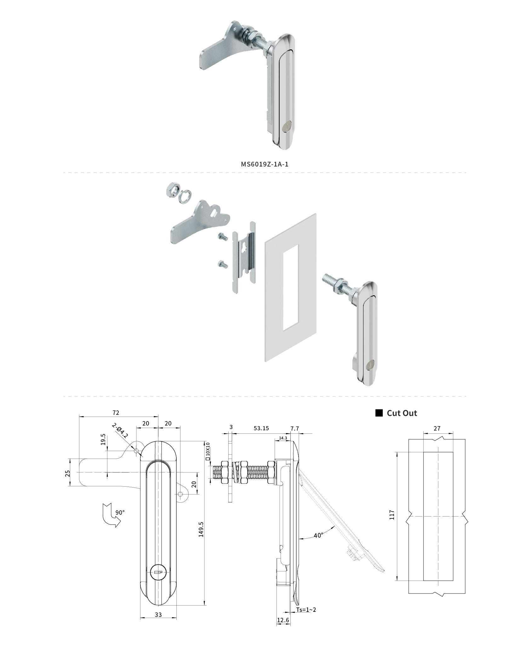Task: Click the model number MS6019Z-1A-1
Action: point(265,164)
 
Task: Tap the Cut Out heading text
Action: point(402,413)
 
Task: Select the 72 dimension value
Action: point(116,413)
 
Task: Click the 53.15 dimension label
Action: point(261,428)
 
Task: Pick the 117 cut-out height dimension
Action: point(392,515)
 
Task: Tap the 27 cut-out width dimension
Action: point(437,428)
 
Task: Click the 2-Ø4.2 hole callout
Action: point(120,431)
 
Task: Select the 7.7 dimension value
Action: point(295,428)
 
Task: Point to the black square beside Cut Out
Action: point(379,413)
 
